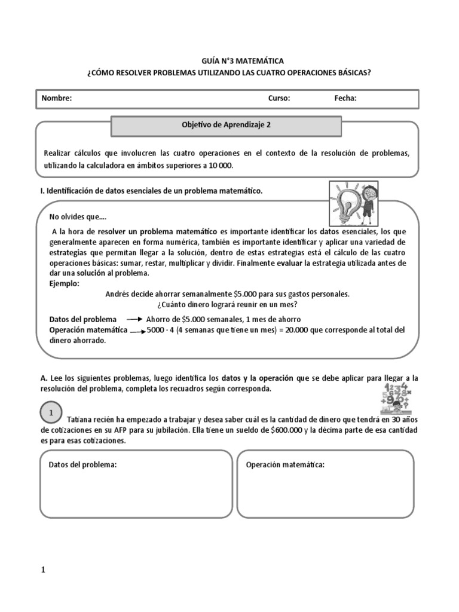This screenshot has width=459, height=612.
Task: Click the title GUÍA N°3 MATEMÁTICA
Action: click(229, 61)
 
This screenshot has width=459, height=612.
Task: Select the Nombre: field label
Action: click(56, 99)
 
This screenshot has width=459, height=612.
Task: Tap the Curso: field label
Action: click(279, 99)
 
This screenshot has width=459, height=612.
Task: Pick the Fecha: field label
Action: click(345, 99)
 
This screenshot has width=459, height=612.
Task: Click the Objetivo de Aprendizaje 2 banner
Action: click(227, 126)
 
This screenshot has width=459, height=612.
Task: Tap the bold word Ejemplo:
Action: click(64, 284)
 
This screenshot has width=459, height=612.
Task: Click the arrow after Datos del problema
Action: click(133, 320)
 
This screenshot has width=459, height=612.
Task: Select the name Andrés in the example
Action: click(118, 294)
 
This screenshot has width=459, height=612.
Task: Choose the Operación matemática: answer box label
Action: click(285, 464)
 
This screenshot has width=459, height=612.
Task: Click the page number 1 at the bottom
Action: click(43, 570)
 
